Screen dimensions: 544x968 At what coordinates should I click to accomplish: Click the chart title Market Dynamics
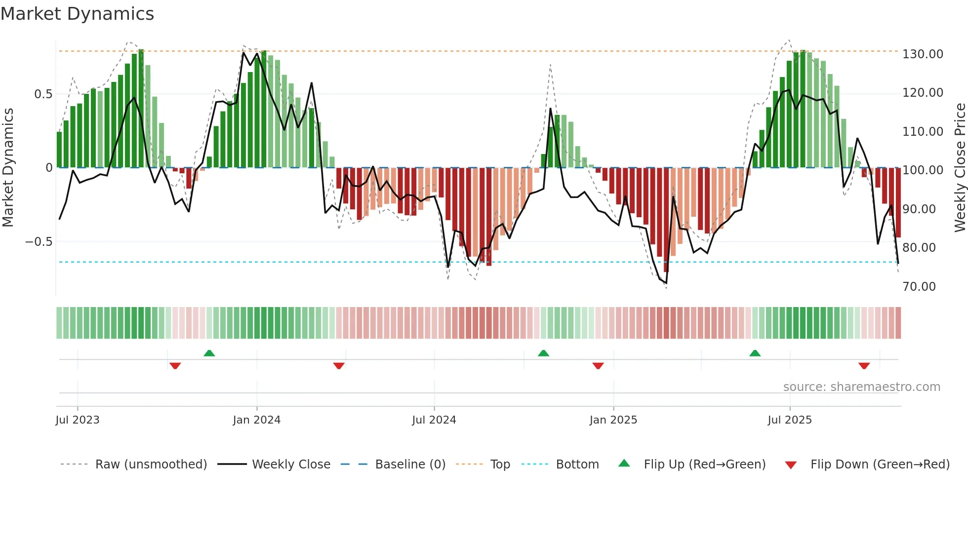(77, 14)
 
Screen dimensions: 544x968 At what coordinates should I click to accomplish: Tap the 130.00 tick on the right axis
(923, 54)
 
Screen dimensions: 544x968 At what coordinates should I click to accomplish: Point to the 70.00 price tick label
(919, 287)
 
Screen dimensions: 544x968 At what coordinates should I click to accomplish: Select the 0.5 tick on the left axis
(43, 94)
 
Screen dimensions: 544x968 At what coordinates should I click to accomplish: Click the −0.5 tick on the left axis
(39, 242)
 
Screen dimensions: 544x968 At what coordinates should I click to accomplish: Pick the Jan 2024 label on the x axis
(256, 420)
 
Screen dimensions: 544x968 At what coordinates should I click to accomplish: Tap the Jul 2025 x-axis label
(789, 420)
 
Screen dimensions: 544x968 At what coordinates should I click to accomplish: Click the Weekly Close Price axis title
(960, 168)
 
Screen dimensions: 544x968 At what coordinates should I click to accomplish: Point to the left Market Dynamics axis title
(8, 168)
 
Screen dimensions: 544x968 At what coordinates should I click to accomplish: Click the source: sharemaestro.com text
(861, 387)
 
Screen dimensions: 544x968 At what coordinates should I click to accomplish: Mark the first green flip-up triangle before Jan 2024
(209, 353)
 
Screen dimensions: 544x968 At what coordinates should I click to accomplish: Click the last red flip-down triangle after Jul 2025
(864, 366)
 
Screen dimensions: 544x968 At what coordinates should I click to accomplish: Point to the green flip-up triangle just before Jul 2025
(755, 353)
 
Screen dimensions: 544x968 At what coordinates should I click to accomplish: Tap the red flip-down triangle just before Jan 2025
(598, 366)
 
